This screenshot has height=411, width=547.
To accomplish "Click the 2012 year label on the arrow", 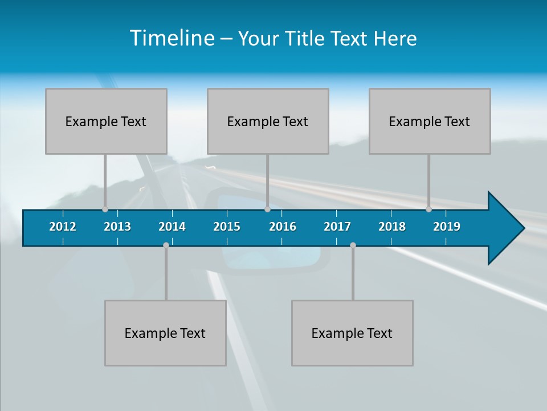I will tap(63, 227).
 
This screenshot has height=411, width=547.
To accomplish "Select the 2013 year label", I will tap(117, 227).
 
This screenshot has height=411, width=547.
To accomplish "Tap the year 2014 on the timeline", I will tap(172, 227).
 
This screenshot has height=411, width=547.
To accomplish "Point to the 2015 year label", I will tap(227, 227).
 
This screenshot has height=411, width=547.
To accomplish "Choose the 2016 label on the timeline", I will tap(283, 227).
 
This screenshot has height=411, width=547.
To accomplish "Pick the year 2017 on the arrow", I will tap(337, 227).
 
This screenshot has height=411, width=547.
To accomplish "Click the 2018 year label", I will tap(392, 227).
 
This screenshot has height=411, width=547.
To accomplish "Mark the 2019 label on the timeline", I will tap(447, 227).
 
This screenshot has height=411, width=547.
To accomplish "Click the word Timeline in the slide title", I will tap(172, 38).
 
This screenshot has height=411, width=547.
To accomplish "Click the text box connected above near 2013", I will tap(106, 121).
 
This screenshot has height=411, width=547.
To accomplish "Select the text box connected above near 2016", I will tap(268, 121).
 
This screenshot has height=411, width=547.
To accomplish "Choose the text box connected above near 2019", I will tap(430, 121).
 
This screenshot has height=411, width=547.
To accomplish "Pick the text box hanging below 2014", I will tap(165, 333).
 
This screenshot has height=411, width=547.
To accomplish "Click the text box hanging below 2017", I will tap(352, 333).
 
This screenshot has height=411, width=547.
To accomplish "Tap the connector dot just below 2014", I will tap(166, 245).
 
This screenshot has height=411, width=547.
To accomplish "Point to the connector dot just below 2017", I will tap(353, 245).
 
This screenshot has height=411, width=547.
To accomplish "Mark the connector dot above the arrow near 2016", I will tap(267, 209).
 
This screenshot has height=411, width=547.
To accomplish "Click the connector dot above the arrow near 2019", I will tap(428, 209).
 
